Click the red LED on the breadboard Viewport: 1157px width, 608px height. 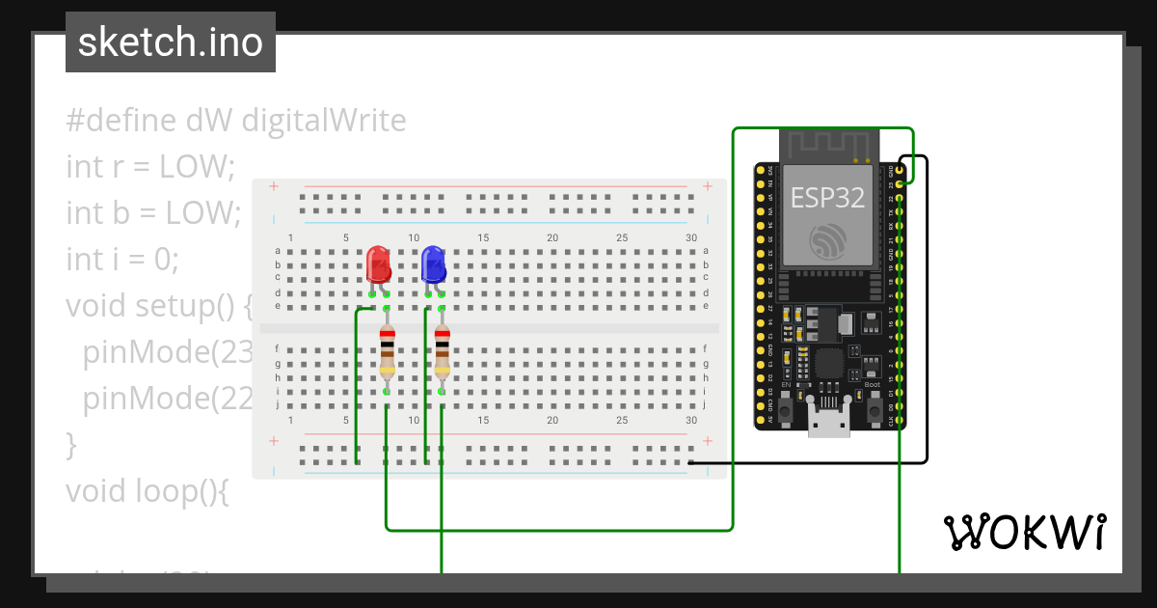pos(379,264)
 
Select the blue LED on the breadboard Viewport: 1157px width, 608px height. pos(434,264)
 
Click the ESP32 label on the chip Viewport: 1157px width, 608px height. pos(826,198)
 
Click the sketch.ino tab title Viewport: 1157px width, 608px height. pos(171,42)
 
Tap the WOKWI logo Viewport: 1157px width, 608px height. pos(1024,532)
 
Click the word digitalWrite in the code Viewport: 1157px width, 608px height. pos(323,121)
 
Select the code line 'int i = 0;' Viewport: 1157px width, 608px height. pos(122,259)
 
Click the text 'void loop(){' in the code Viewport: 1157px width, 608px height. pos(148,490)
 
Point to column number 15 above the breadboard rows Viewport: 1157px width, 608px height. pos(483,237)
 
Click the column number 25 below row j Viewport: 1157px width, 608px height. pos(622,421)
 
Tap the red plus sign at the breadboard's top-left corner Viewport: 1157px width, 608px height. pos(274,186)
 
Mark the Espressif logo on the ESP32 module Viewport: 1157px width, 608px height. pos(827,239)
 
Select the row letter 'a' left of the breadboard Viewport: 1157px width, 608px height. pos(278,251)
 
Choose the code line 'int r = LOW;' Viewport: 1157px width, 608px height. pos(150,166)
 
